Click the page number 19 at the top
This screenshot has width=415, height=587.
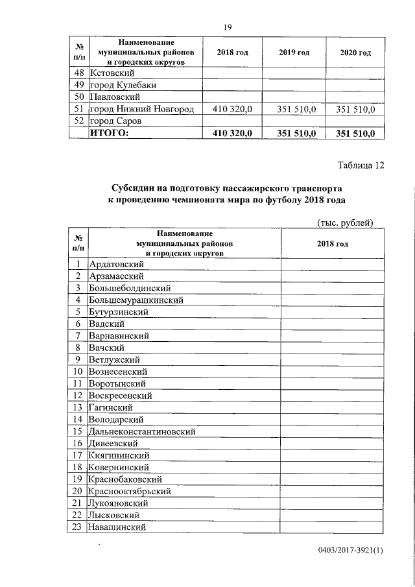[227, 27]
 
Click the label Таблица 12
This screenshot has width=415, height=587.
[361, 165]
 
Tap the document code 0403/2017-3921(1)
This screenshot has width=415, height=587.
[351, 551]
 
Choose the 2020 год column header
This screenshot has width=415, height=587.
[355, 52]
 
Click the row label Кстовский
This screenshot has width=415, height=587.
[111, 73]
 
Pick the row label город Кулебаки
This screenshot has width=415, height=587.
[123, 85]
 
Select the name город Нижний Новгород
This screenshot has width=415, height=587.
[141, 109]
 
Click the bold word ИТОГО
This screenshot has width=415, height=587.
[109, 133]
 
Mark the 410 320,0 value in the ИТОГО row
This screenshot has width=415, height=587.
[231, 133]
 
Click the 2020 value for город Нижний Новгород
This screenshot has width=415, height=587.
[355, 109]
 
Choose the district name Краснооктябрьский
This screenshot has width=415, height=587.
[134, 491]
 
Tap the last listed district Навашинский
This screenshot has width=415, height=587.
[117, 527]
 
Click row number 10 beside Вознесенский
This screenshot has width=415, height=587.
[77, 372]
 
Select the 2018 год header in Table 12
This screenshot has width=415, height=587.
[333, 243]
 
